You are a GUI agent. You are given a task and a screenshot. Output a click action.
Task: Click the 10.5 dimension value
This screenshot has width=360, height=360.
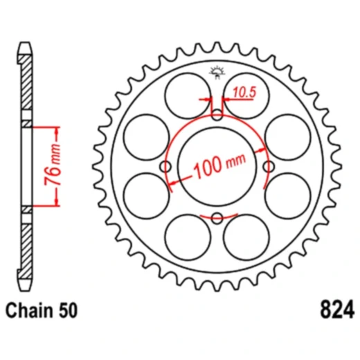coord(244,92)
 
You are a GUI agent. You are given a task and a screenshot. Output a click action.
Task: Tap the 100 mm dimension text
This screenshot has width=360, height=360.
coord(219,165)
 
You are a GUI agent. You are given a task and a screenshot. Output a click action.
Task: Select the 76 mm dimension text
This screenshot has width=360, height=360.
coord(53,164)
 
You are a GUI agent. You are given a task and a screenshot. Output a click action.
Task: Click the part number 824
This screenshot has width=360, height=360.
coord(337,309)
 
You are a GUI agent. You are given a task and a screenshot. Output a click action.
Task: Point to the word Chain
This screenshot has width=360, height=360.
coord(29,310)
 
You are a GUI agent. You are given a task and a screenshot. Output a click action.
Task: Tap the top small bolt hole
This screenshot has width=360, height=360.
coord(217,115)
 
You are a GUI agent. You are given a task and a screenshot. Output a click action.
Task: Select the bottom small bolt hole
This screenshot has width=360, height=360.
coord(217,218)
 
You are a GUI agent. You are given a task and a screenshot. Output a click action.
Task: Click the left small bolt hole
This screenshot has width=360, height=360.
coord(165,166)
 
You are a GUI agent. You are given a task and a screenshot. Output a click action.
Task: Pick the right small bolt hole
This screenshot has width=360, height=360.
coord(269,166)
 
